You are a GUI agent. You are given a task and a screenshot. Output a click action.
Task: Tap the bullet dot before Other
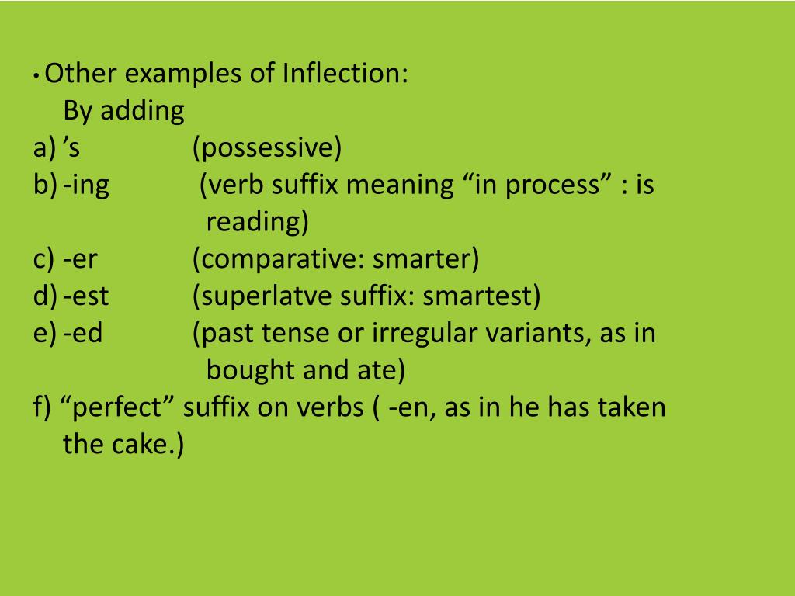pos(37,78)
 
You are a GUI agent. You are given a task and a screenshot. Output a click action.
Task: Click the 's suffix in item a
pos(71,147)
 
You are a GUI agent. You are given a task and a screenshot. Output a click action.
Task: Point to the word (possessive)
pos(267,148)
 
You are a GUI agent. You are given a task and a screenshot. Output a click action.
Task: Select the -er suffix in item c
pos(81,259)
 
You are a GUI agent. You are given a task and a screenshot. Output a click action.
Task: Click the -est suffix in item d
pos(87,296)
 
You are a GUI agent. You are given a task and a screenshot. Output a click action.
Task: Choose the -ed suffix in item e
pos(84,334)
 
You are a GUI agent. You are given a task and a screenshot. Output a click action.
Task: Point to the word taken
pos(632,408)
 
